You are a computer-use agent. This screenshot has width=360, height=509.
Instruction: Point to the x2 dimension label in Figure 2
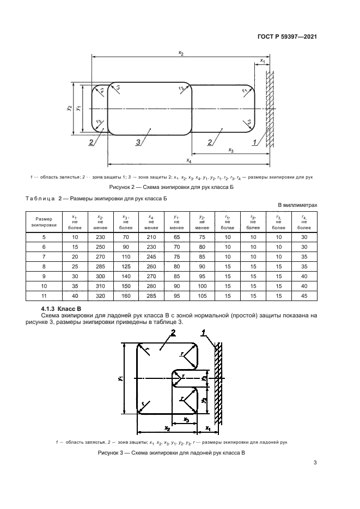point(181,53)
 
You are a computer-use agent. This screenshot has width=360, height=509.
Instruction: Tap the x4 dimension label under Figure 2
point(188,161)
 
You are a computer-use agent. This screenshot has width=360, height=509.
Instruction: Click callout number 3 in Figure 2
point(139,143)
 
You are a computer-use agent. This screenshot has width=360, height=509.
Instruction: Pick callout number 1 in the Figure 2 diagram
point(254,143)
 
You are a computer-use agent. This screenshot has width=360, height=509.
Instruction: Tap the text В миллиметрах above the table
point(297,205)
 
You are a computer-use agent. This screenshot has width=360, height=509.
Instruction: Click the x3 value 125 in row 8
point(126,267)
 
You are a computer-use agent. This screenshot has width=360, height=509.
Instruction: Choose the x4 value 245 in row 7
point(151,257)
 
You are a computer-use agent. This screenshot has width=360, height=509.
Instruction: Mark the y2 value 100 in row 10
point(202,286)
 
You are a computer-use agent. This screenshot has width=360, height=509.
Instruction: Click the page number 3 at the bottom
point(315,464)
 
